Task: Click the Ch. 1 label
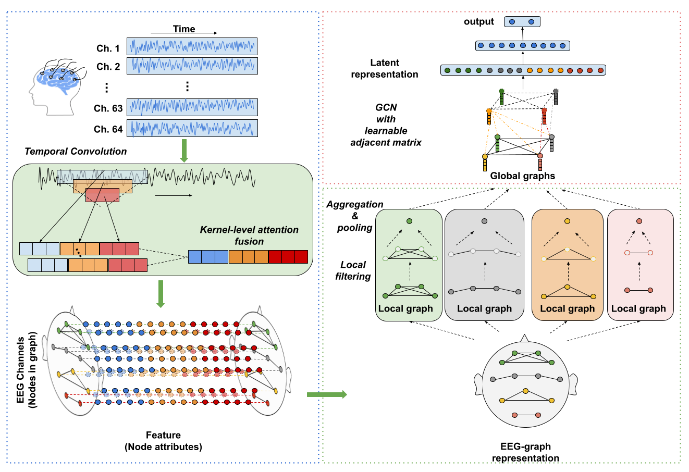point(108,48)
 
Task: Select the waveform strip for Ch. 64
point(192,129)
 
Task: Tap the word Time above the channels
point(184,29)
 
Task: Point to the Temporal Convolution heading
point(76,152)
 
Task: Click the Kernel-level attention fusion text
point(249,235)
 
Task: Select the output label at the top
point(478,22)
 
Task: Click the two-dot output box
point(522,22)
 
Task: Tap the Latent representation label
point(385,68)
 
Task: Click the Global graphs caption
point(522,176)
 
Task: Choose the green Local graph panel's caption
point(405,309)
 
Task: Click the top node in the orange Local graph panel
point(567,221)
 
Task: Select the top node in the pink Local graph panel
point(639,221)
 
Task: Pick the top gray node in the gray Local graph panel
point(485,221)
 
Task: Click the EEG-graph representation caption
point(525,452)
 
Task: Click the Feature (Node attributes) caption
point(163,441)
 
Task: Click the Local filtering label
point(353,270)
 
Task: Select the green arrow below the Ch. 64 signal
point(183,151)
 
